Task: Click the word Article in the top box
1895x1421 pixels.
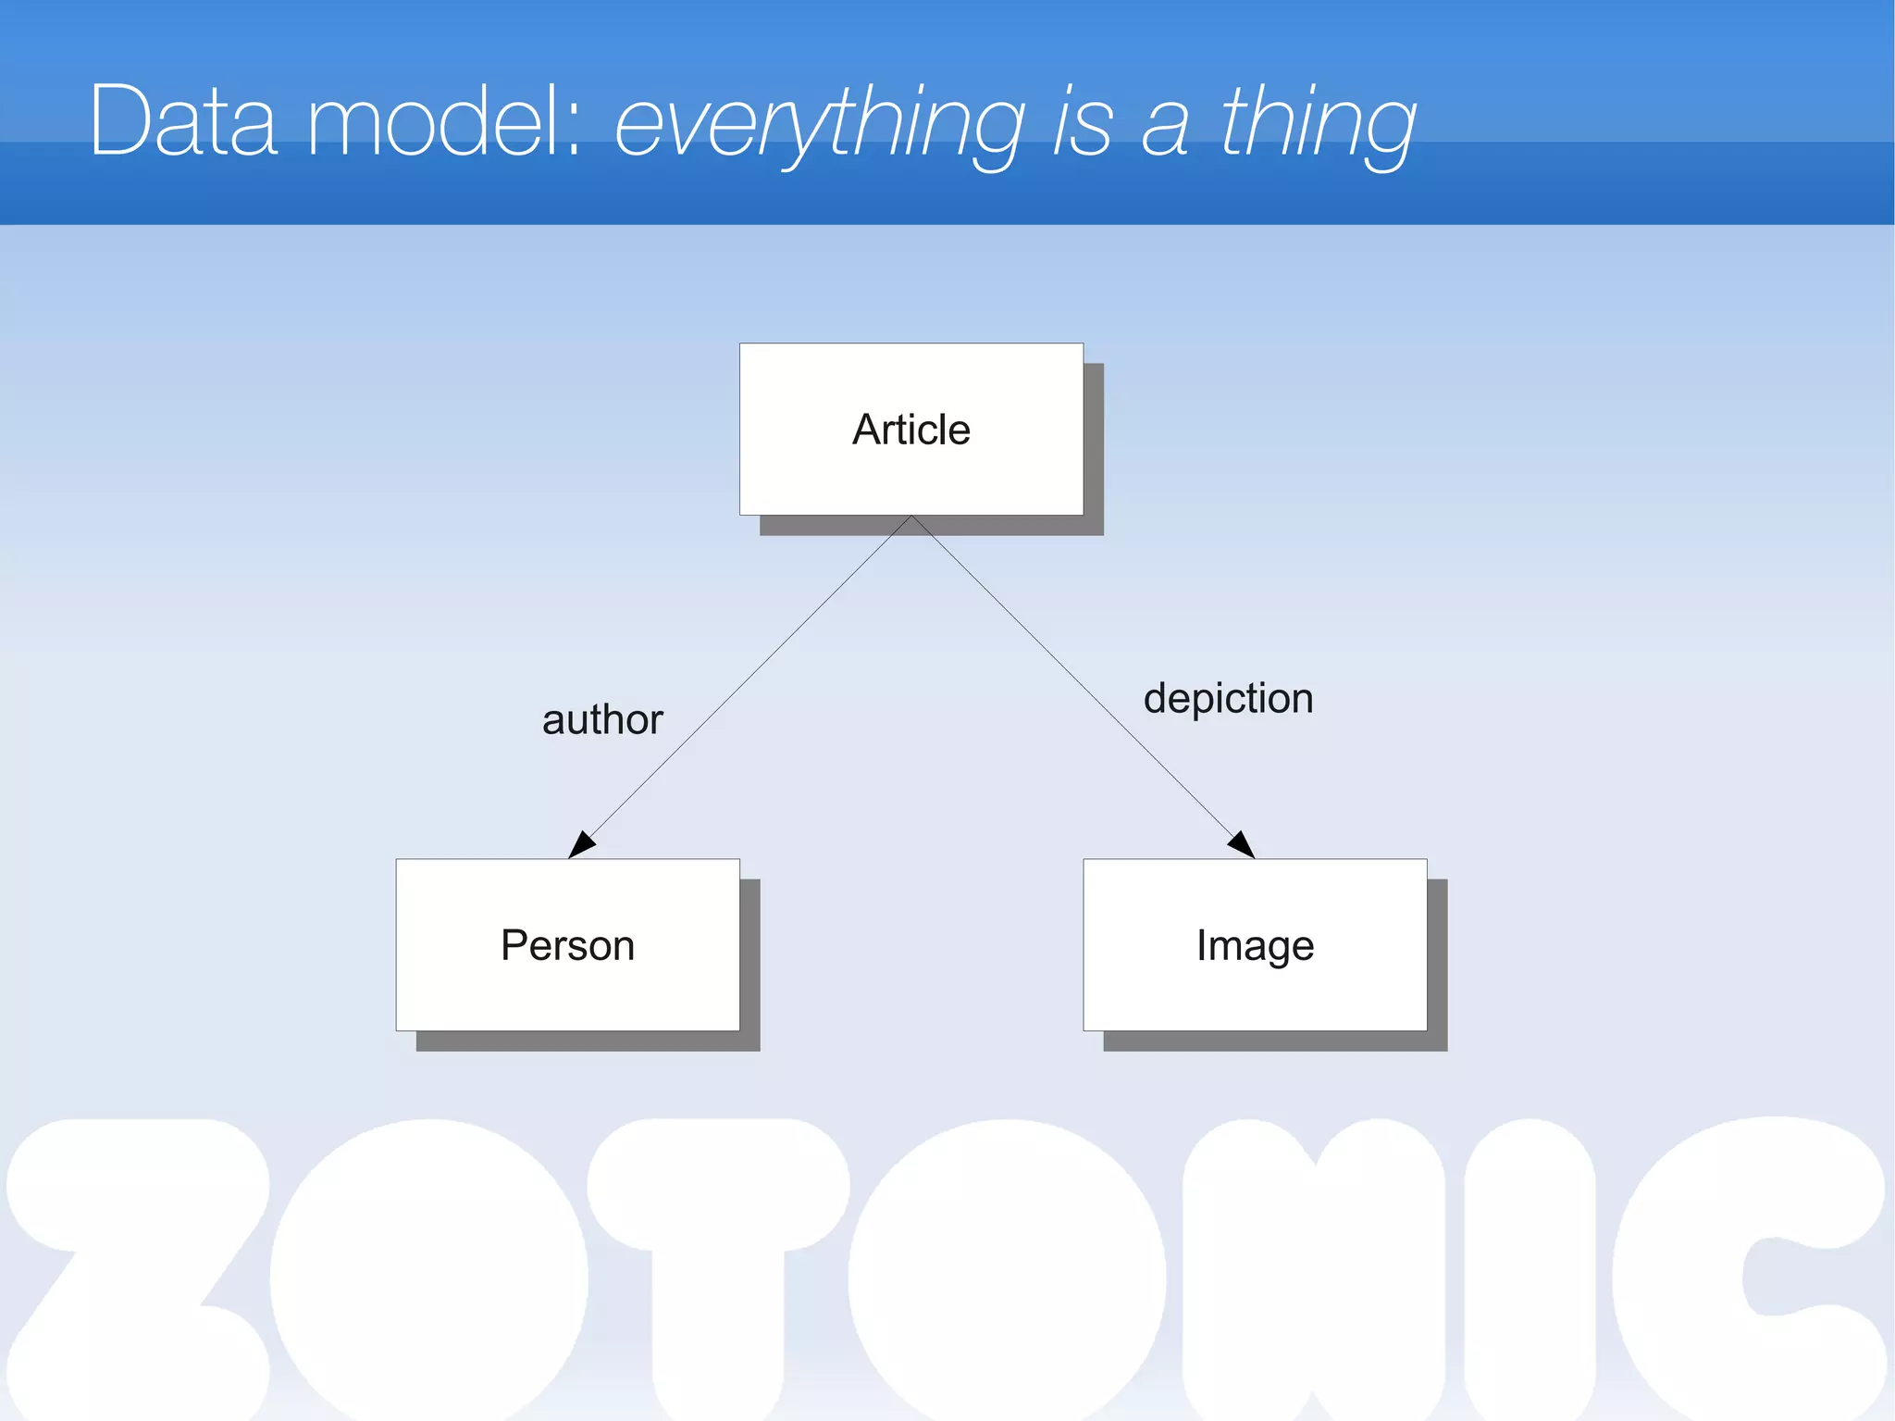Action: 910,430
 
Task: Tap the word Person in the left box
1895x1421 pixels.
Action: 567,945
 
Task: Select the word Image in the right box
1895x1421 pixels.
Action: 1255,946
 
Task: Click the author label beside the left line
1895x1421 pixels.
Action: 602,720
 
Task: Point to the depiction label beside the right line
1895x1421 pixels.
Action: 1228,699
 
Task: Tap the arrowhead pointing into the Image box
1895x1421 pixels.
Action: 1242,844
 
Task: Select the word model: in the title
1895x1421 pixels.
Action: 444,121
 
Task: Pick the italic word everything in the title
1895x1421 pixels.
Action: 819,125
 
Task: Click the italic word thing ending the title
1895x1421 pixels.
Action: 1318,125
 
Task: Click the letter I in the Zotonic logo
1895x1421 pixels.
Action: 1530,1268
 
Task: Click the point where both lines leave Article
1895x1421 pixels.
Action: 911,517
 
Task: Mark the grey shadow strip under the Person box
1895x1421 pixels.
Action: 588,1041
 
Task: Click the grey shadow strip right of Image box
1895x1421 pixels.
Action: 1437,963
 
